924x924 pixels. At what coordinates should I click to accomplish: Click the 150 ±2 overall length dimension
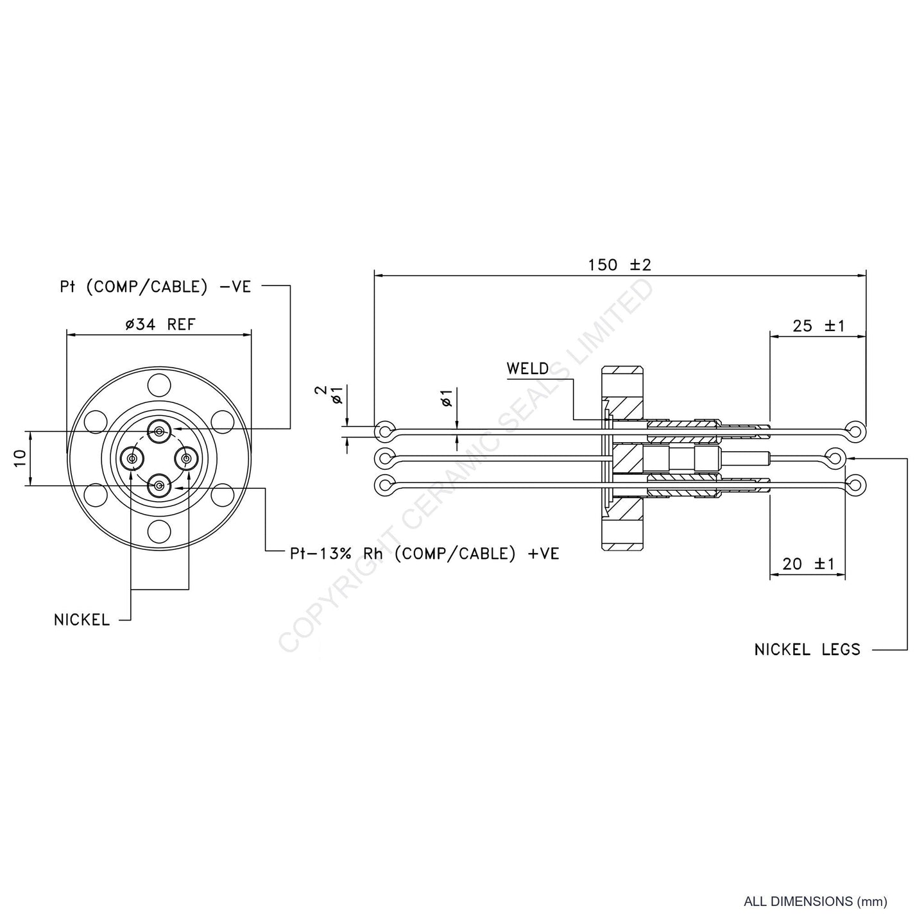coord(619,264)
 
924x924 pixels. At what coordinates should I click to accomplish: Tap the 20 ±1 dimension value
coord(808,564)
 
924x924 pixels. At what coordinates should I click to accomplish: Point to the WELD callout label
coord(527,369)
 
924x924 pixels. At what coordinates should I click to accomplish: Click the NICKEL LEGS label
coord(807,649)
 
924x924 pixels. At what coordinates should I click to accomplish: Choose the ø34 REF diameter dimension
coord(160,325)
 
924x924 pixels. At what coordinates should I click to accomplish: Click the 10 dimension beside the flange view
coord(19,458)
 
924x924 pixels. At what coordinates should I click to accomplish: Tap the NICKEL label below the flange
coord(82,620)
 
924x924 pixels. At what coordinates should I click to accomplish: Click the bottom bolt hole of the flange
coord(158,531)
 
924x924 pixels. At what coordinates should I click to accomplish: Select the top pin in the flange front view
coord(158,430)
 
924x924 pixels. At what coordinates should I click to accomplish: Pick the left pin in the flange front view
coord(132,458)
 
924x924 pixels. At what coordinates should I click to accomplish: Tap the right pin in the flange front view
coord(187,458)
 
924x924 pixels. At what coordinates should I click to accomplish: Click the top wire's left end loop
coord(384,431)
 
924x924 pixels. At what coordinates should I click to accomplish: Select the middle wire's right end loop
coord(834,458)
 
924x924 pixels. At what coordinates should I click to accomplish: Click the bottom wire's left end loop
coord(384,485)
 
